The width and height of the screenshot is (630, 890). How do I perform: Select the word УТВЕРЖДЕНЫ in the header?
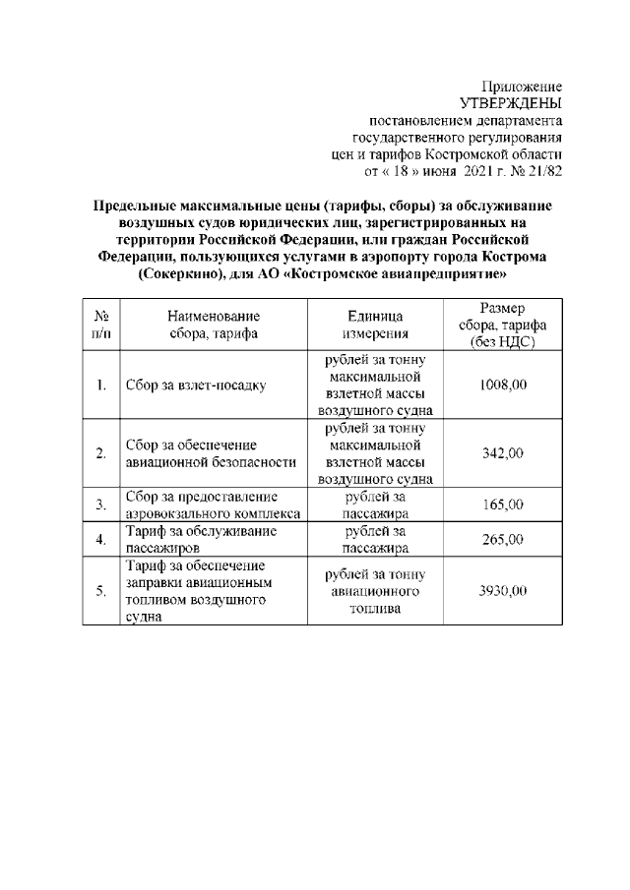coord(511,104)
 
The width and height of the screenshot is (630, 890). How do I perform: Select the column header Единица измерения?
coord(375,326)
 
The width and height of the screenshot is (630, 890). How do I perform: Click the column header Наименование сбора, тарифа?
coord(214,326)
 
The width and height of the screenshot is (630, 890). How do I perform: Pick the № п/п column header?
coord(101,326)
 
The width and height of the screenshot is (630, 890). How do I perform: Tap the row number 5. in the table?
coord(101,591)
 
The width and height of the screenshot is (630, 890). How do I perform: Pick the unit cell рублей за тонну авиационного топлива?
coord(375,592)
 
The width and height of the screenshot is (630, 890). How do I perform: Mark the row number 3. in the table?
coord(101,504)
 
